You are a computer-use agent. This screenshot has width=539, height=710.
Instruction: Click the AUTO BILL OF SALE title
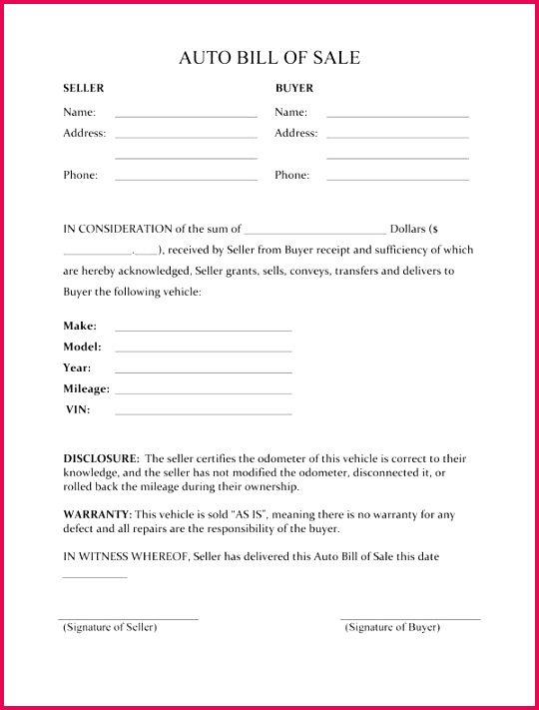269,58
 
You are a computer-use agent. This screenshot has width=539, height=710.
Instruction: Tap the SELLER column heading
84,88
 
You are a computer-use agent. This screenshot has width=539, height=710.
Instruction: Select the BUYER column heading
294,88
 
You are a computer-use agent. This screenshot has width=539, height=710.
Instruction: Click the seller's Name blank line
186,116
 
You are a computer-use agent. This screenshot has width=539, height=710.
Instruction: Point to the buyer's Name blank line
397,116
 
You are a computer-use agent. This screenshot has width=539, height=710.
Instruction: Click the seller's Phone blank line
186,179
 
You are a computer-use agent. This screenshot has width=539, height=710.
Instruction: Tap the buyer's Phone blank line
397,179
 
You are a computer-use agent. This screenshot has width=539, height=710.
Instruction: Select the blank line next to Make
203,329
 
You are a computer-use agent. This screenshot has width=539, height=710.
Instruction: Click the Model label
82,347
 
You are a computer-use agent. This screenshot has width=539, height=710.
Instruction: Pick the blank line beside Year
203,371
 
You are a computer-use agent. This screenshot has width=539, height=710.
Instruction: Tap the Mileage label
87,388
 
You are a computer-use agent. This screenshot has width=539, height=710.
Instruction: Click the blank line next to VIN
203,413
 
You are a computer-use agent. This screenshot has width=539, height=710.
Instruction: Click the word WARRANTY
97,514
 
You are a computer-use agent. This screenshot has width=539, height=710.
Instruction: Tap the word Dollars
407,229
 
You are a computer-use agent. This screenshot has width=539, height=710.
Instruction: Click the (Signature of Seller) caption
110,627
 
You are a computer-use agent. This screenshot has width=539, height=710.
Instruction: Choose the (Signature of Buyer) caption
392,627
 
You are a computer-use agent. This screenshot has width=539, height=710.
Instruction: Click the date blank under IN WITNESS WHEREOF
95,576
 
